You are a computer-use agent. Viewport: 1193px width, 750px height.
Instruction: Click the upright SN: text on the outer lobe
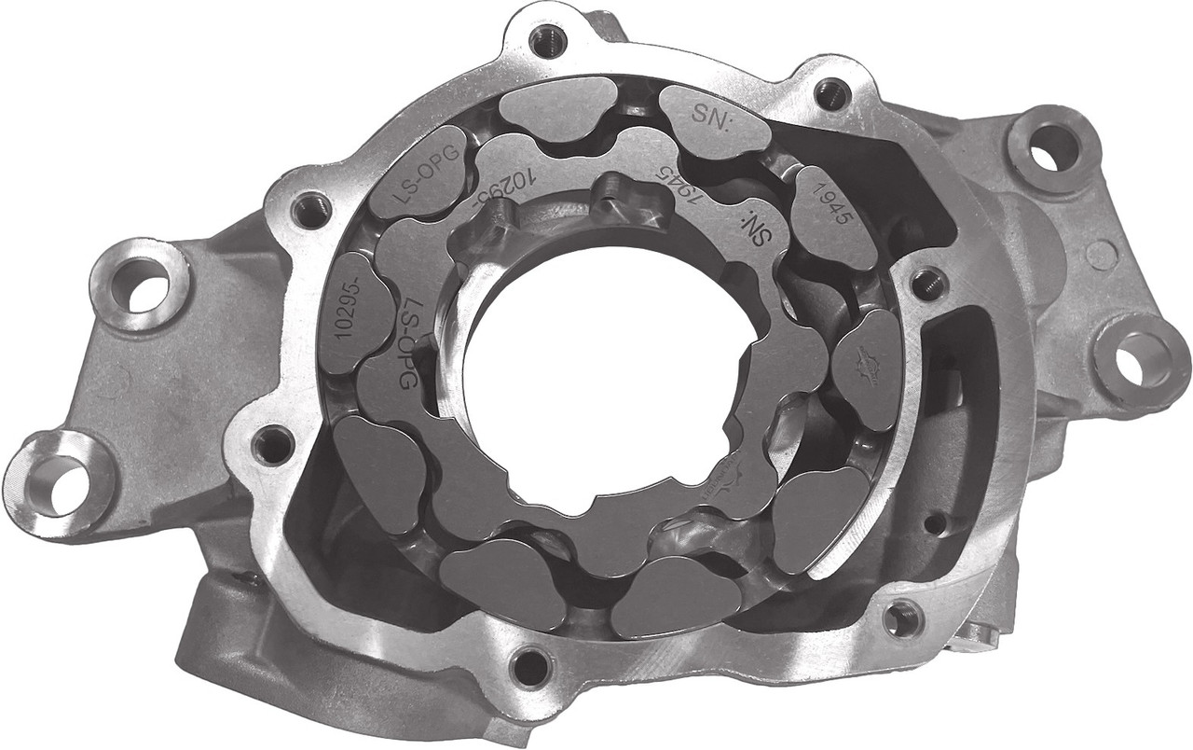[714, 117]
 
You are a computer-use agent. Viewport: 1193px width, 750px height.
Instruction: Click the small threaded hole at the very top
[545, 39]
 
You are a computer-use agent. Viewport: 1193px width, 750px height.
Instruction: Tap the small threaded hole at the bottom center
[532, 665]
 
